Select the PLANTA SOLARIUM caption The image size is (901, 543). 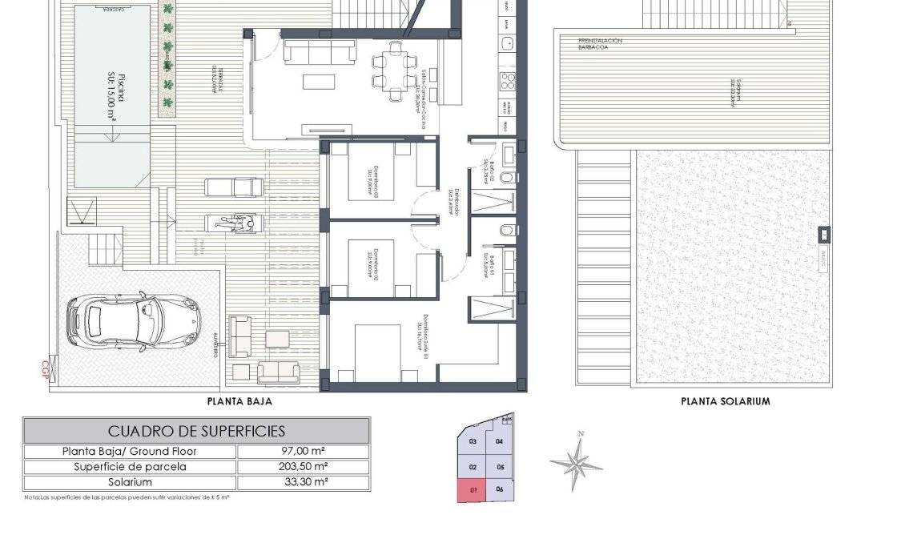coord(725,401)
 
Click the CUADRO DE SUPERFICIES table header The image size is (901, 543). coord(196,431)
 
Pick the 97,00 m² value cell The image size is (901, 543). coord(303,451)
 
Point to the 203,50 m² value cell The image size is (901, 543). coord(303,467)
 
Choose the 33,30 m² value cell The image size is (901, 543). coord(303,483)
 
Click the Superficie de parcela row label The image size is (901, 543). coord(130,467)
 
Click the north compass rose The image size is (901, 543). coord(576,462)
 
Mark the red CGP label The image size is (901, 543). coord(45,369)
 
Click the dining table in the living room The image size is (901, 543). coord(394,71)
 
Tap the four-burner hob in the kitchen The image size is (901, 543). coord(508,80)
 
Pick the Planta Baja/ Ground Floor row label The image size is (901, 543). coord(130,451)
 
